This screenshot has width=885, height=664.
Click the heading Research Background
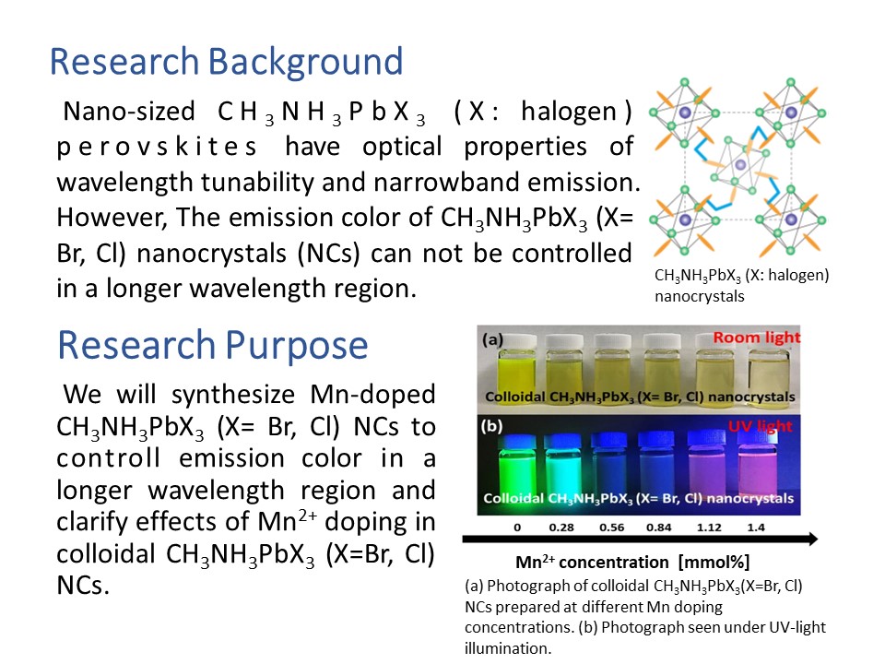pos(227,62)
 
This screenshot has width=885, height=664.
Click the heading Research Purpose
pos(213,346)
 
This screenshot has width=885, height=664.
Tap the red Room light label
pos(756,338)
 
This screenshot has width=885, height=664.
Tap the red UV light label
pos(760,426)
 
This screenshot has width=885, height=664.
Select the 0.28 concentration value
pos(561,528)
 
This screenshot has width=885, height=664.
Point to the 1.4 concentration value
pos(756,528)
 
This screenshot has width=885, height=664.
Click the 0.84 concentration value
pos(658,528)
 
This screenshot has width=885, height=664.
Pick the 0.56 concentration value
pos(611,528)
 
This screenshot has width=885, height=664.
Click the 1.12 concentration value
pos(709,528)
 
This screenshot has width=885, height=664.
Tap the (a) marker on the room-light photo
pos(492,339)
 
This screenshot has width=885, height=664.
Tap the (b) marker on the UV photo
pos(491,426)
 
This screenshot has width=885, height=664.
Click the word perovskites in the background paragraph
pos(157,148)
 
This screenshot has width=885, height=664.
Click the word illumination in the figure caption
pos(507,648)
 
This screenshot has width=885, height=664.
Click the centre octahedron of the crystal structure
pos(738,165)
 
